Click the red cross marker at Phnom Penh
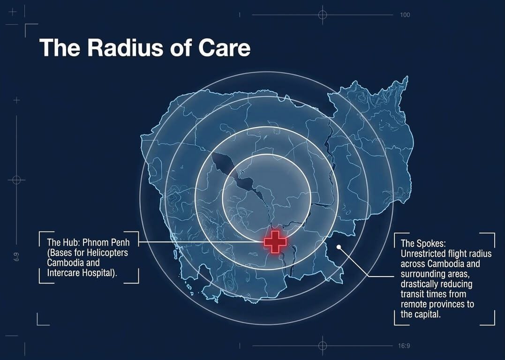pyautogui.click(x=275, y=241)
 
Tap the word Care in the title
pyautogui.click(x=224, y=48)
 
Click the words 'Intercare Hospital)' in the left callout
pyautogui.click(x=82, y=273)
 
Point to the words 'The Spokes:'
pyautogui.click(x=423, y=243)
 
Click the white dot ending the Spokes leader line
pyautogui.click(x=339, y=247)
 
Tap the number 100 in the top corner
pyautogui.click(x=405, y=15)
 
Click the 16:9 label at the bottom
pyautogui.click(x=404, y=346)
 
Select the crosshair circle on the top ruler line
pyautogui.click(x=323, y=15)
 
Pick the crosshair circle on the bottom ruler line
pyautogui.click(x=323, y=346)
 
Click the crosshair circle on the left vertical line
pyautogui.click(x=16, y=180)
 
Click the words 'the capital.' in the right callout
pyautogui.click(x=420, y=314)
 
